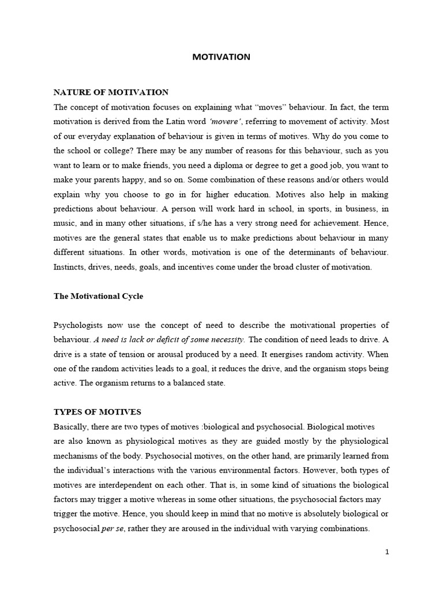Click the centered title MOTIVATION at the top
(221, 57)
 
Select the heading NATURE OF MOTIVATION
(111, 92)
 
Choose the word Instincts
(70, 267)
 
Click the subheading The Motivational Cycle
(98, 296)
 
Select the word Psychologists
(80, 325)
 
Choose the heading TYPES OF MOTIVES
(97, 412)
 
